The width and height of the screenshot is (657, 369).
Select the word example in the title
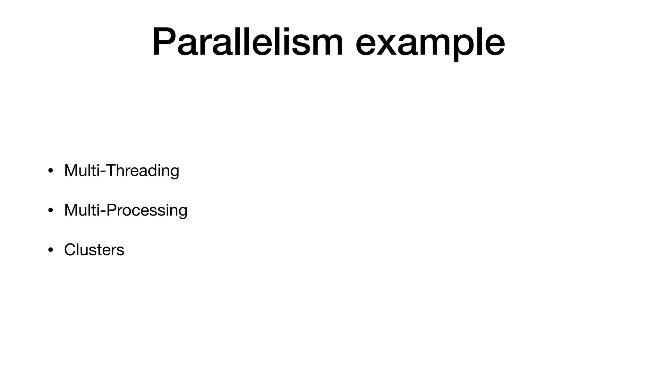click(x=430, y=43)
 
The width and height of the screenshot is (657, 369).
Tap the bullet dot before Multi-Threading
click(x=50, y=170)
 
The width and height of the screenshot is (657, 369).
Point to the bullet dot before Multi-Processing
click(x=50, y=210)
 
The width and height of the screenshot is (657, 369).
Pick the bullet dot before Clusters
click(x=50, y=250)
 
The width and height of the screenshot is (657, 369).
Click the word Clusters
click(x=94, y=250)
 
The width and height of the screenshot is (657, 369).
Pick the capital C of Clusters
click(x=70, y=250)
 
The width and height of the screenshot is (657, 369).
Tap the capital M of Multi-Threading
click(x=71, y=170)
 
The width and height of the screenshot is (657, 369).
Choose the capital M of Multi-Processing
click(x=71, y=210)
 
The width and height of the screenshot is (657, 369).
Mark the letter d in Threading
click(x=153, y=170)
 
